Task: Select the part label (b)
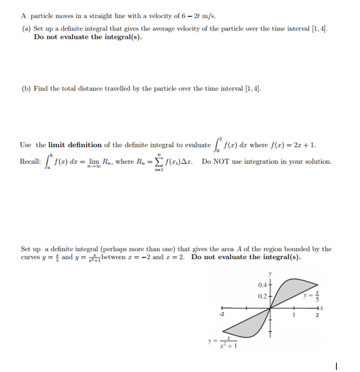(26, 88)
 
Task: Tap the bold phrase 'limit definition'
(71, 144)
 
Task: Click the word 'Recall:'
(32, 161)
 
